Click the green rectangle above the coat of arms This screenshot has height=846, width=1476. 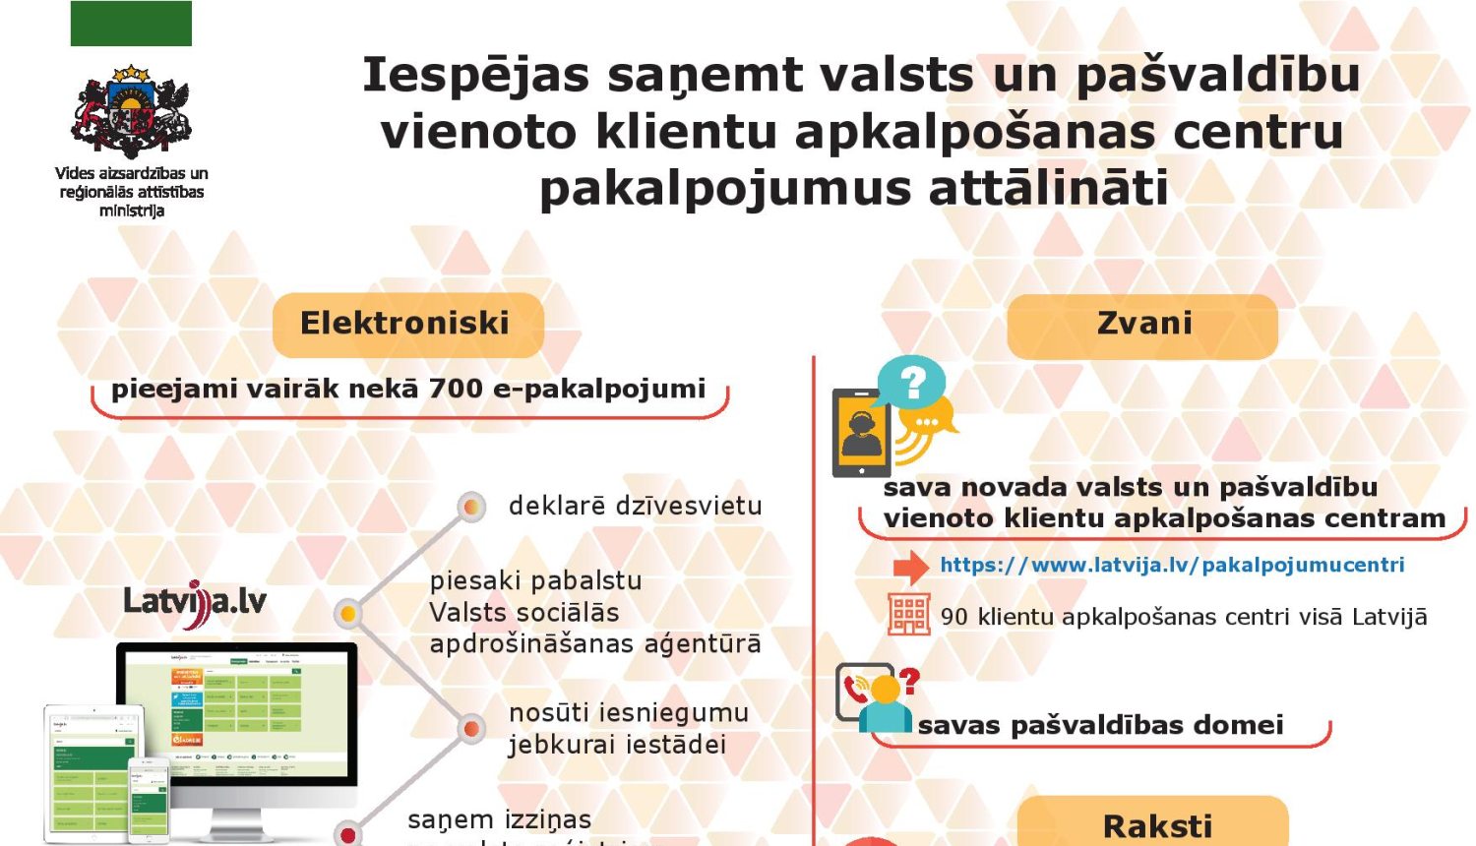(x=131, y=23)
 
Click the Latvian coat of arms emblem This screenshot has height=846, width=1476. (x=131, y=112)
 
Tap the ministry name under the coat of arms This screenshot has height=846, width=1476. (x=131, y=192)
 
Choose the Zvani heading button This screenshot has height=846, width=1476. (x=1142, y=325)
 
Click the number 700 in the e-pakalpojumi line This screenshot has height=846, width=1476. (x=455, y=389)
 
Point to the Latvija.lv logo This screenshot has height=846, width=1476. (x=195, y=601)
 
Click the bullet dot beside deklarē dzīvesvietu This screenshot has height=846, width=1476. (x=472, y=507)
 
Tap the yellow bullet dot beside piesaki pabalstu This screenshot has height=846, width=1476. (x=347, y=615)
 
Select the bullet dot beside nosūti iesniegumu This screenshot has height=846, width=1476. (x=471, y=729)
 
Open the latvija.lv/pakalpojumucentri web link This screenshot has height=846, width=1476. (x=1172, y=565)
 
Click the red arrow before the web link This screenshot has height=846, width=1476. (x=910, y=567)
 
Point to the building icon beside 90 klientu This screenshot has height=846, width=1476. (x=908, y=616)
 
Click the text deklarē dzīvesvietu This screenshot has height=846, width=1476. (x=635, y=506)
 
